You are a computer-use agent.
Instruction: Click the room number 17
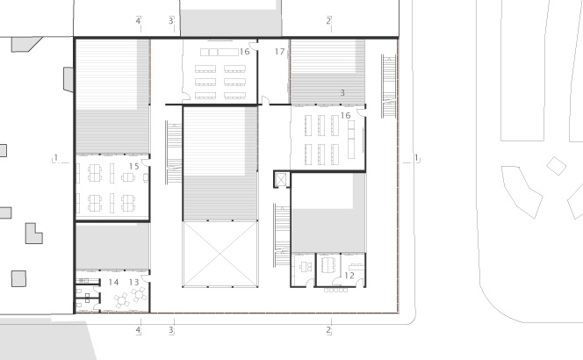pos(279,52)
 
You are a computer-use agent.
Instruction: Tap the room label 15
pos(133,166)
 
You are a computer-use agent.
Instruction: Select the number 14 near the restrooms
pos(113,282)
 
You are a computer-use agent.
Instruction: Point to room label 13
pos(133,282)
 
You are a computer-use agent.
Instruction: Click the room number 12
pos(349,275)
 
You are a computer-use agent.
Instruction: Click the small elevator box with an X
pos(282,180)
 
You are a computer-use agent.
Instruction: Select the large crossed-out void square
pos(220,254)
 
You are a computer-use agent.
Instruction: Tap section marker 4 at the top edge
pos(138,21)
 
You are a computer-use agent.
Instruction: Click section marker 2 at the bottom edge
pos(328,330)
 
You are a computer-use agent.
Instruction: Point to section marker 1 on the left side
pos(56,158)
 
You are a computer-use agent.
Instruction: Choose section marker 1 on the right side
pos(416,158)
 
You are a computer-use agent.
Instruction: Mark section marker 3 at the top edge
pos(171,21)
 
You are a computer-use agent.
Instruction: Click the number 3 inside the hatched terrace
pos(342,92)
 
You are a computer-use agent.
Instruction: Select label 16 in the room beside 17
pos(244,52)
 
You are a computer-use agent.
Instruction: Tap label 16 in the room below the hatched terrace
pos(345,116)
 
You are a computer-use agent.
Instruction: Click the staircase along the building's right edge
pos(389,86)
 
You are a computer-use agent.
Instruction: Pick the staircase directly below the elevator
pos(282,235)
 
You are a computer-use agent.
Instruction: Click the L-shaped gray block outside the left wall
pos(34,234)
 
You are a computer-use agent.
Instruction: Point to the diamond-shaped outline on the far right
pos(557,166)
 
